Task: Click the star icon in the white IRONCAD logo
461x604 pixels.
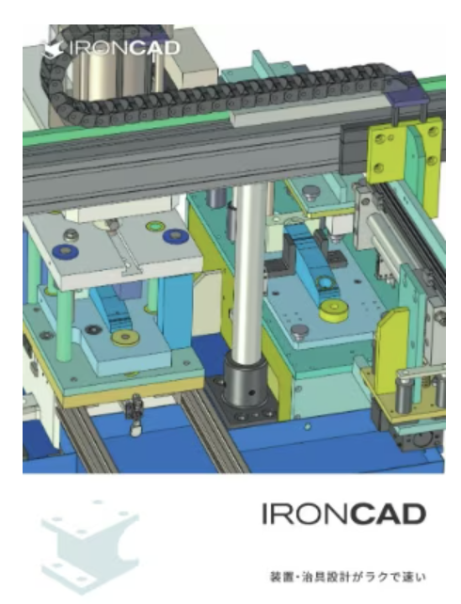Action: [53, 50]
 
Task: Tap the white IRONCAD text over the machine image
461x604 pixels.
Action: [125, 48]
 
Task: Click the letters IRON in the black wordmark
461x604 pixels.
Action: [307, 514]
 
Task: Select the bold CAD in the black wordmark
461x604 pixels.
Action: [389, 514]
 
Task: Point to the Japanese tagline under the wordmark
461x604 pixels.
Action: [348, 577]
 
